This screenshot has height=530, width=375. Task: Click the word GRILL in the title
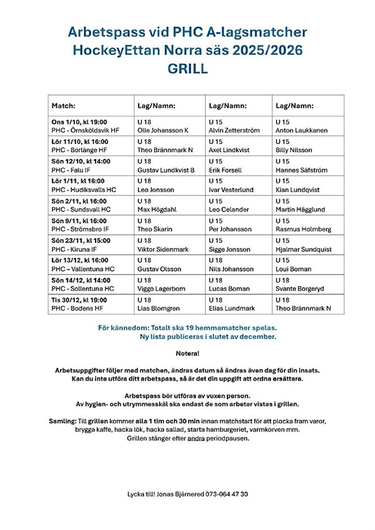[x=187, y=69]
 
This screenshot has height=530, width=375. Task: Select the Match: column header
[x=64, y=106]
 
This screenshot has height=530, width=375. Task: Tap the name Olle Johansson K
[x=162, y=131]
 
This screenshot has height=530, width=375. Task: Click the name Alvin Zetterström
[x=233, y=131]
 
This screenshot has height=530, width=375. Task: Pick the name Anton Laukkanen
[x=302, y=131]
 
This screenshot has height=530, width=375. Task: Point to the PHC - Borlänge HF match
[x=80, y=150]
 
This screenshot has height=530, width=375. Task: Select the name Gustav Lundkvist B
[x=166, y=169]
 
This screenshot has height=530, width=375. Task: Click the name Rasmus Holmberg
[x=304, y=229]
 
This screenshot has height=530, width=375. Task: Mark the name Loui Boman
[x=293, y=269]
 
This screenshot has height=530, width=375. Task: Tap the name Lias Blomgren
[x=159, y=308]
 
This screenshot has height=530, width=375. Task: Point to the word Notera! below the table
[x=187, y=354]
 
